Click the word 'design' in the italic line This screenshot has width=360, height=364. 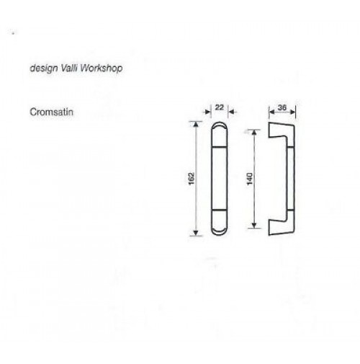click(x=44, y=68)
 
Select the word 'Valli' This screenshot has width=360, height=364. click(x=69, y=68)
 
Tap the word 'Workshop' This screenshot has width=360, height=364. click(x=102, y=68)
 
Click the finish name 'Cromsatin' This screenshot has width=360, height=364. click(x=51, y=112)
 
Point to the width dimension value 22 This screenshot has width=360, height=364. click(x=219, y=107)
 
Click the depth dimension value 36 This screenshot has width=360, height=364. click(x=282, y=107)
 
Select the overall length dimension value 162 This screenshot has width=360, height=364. click(x=192, y=179)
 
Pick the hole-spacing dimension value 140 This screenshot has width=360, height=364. click(x=250, y=179)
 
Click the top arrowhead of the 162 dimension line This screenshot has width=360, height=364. click(x=196, y=124)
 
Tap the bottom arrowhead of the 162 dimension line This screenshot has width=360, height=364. click(x=196, y=233)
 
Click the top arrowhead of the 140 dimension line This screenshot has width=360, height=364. click(x=254, y=133)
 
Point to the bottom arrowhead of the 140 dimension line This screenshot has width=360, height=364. click(x=254, y=225)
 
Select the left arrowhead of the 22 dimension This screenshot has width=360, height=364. click(x=208, y=112)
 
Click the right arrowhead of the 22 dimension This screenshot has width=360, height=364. click(x=231, y=112)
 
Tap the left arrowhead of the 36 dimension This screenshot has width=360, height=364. click(x=271, y=112)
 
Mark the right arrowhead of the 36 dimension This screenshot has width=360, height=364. click(x=292, y=112)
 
